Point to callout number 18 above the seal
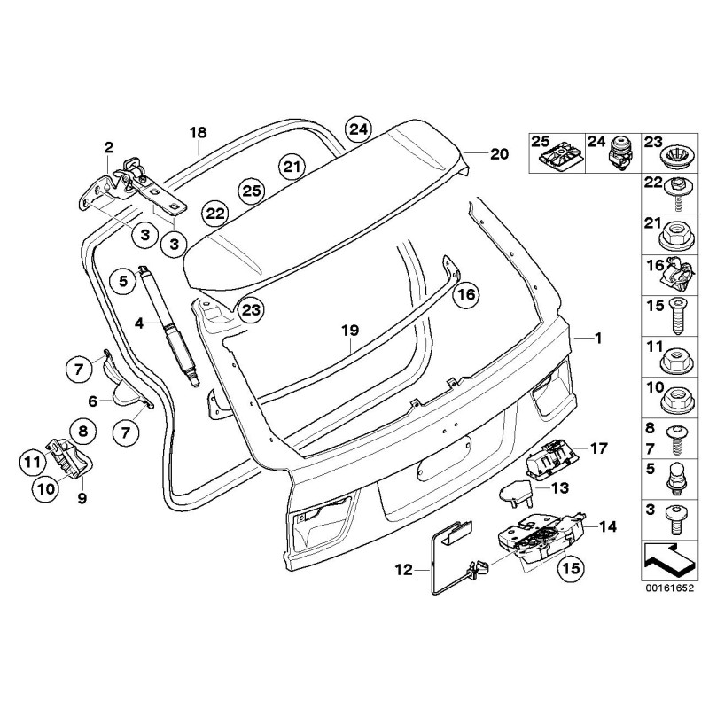click(x=198, y=133)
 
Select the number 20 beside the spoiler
click(x=499, y=153)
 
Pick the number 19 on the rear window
click(x=351, y=331)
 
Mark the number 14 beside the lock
click(x=608, y=526)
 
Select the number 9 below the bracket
click(x=82, y=499)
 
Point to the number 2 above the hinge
click(x=109, y=147)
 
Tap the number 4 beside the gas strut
click(x=139, y=323)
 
